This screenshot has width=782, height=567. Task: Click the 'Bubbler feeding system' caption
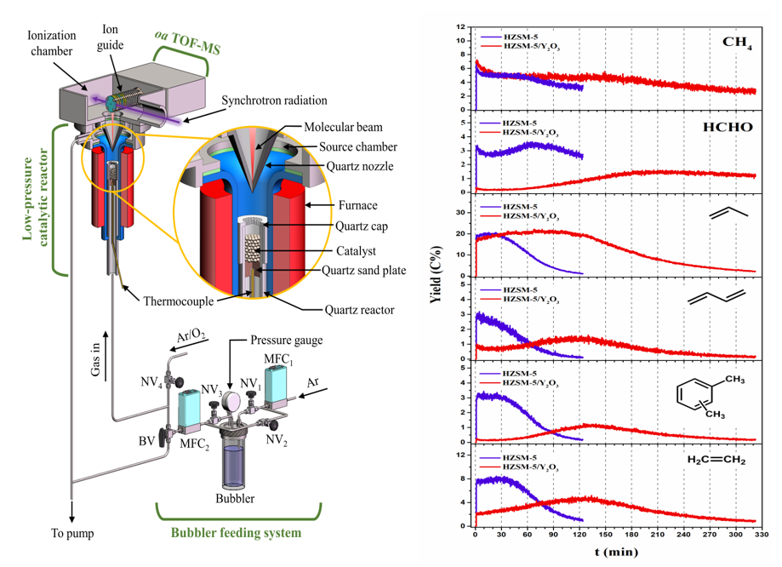[x=237, y=534]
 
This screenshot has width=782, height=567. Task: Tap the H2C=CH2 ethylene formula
[x=716, y=461]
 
